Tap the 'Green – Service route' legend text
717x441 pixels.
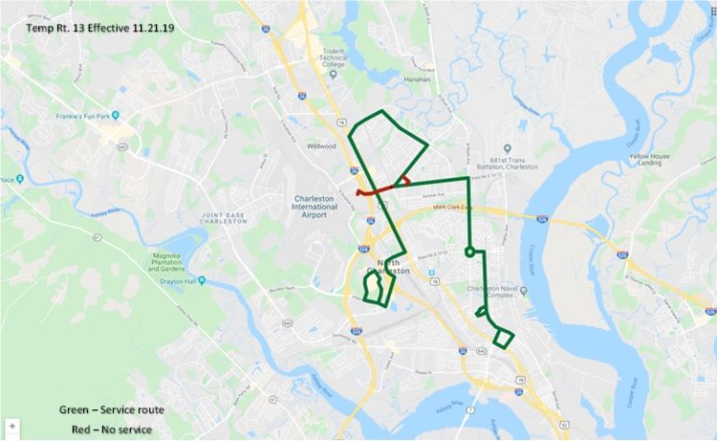coord(112,410)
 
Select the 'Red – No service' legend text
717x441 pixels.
coord(112,429)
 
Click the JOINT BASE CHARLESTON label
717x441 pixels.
coord(222,220)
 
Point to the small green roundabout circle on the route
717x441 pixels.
coord(470,251)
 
